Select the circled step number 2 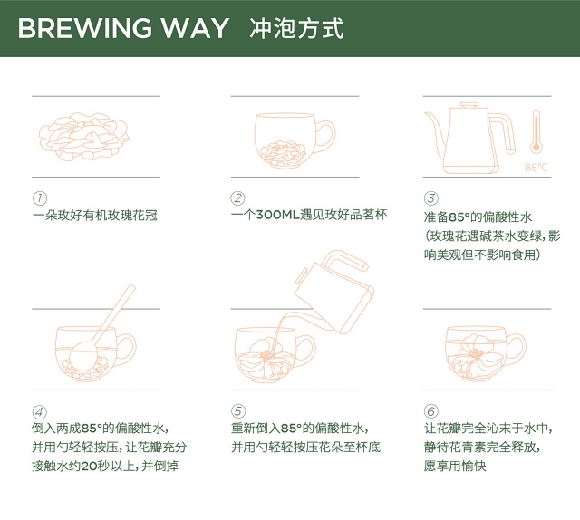(x=238, y=198)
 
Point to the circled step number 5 (x=238, y=409)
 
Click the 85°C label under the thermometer (x=536, y=168)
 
